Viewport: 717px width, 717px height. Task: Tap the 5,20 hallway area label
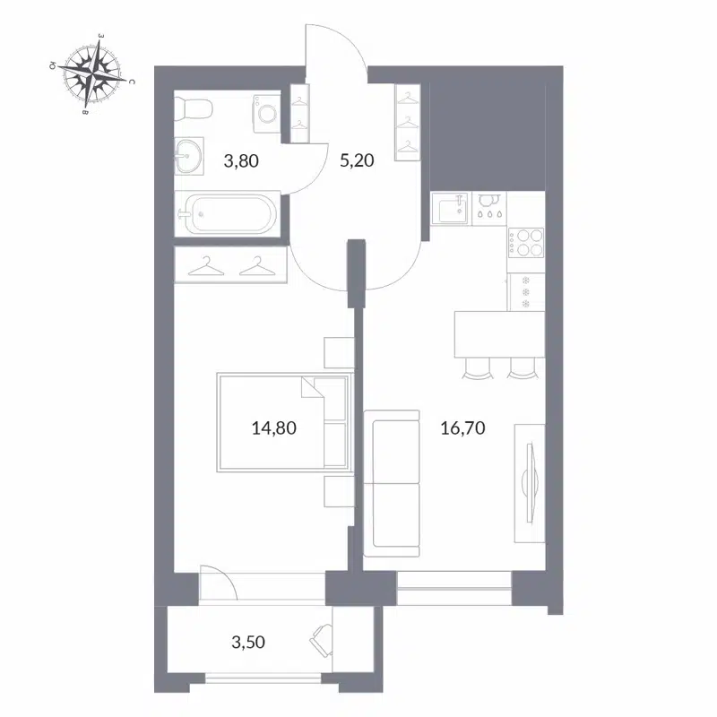click(x=356, y=162)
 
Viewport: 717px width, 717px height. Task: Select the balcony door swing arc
click(x=218, y=583)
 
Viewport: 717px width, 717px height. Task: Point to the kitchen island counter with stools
click(x=498, y=332)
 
